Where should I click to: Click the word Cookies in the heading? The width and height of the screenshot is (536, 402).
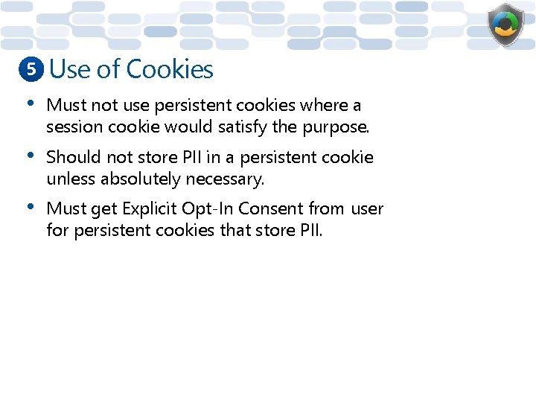pyautogui.click(x=170, y=69)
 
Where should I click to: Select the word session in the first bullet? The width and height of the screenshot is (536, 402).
pyautogui.click(x=74, y=127)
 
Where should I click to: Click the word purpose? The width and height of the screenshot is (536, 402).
pyautogui.click(x=335, y=127)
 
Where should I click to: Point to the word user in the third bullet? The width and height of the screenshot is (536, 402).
pyautogui.click(x=367, y=209)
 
